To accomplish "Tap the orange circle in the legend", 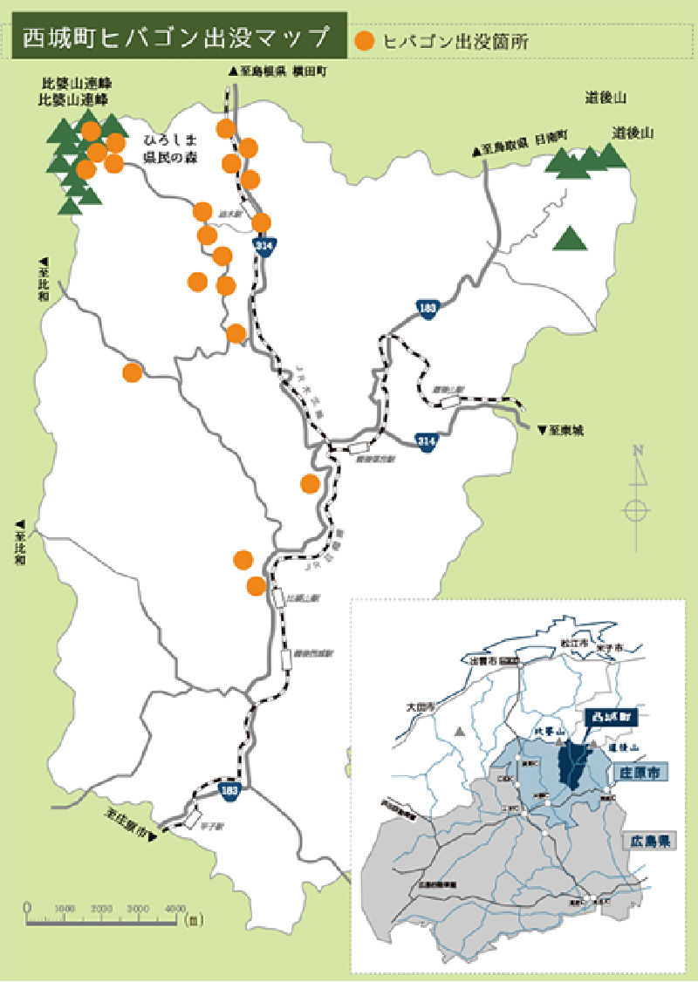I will point(366,40).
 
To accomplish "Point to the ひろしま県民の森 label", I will point(171,147).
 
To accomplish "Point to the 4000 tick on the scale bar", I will point(175,909).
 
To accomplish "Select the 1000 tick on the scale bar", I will point(65,909).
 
